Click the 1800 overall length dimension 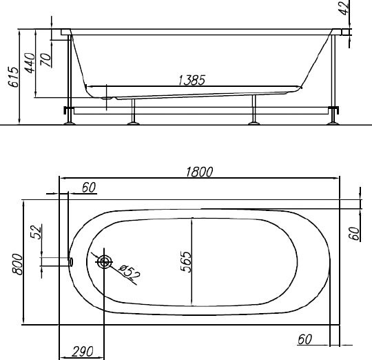[x=199, y=172]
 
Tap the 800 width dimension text [x=18, y=264]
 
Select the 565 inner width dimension [x=186, y=261]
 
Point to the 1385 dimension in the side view [x=192, y=80]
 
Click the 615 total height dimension [x=13, y=77]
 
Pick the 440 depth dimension [x=30, y=63]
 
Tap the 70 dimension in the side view [x=45, y=59]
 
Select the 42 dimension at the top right [x=344, y=8]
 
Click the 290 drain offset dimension [x=83, y=352]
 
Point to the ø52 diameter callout [x=130, y=272]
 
